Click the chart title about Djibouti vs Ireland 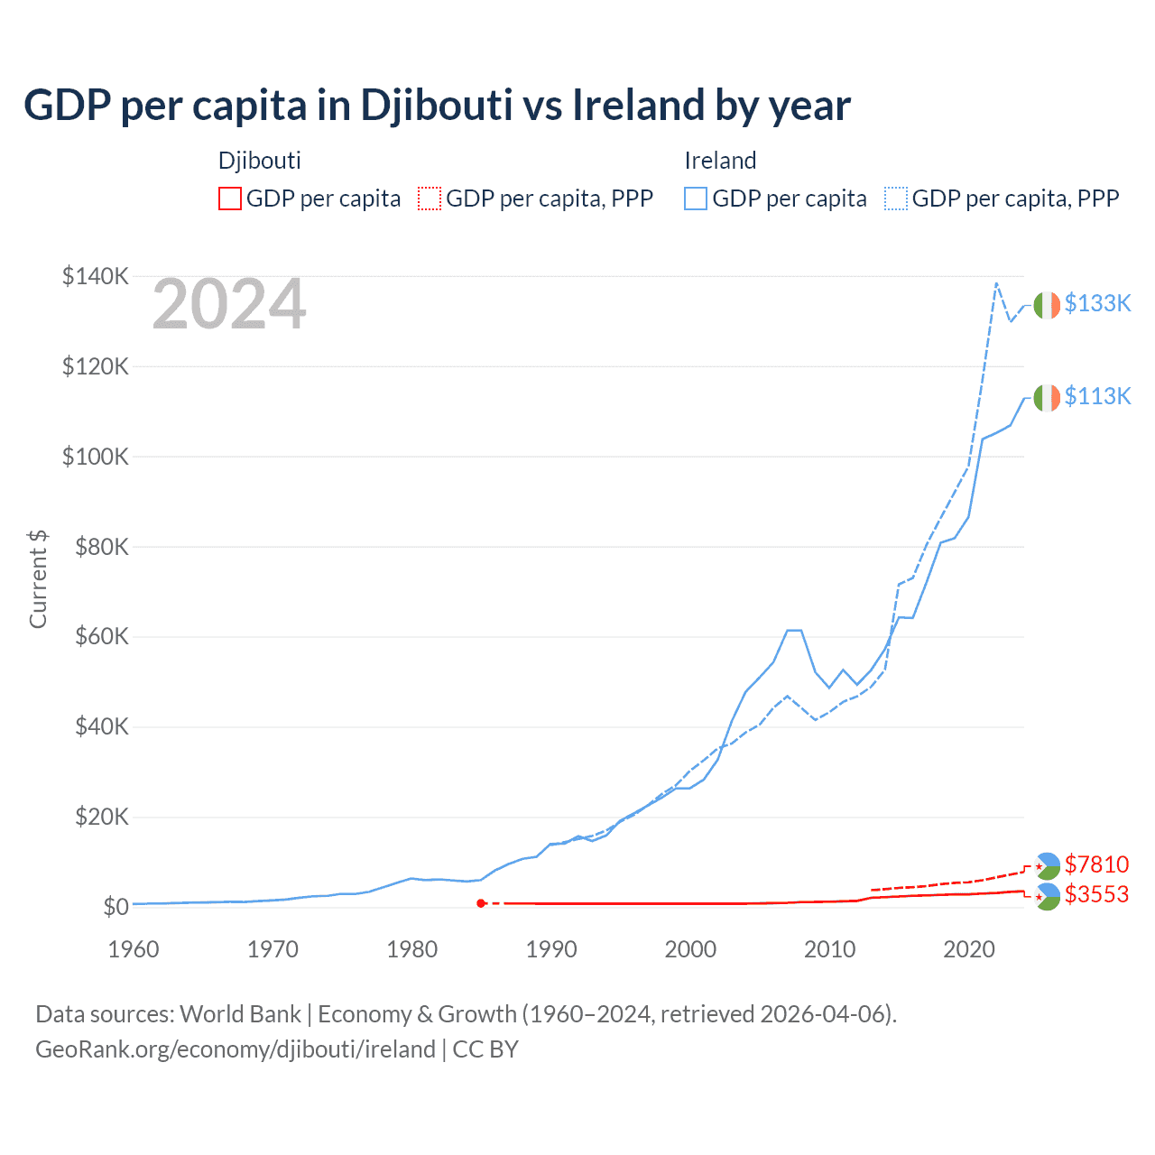[x=437, y=105]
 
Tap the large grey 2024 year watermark [x=229, y=305]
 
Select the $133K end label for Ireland [x=1097, y=303]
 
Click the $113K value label [x=1097, y=396]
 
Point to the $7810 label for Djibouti [x=1096, y=864]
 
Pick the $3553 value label [x=1096, y=894]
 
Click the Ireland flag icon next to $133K [x=1047, y=306]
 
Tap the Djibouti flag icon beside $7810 [x=1047, y=865]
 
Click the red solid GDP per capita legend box [x=230, y=199]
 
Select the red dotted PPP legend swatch [x=430, y=199]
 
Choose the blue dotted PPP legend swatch [x=896, y=199]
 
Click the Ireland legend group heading [x=720, y=161]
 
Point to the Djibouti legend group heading [x=260, y=161]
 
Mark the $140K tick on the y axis [x=96, y=276]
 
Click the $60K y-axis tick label [x=101, y=636]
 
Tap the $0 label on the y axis [x=115, y=907]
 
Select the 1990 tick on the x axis [x=551, y=949]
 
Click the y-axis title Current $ [x=38, y=579]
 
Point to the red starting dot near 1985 [x=481, y=903]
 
